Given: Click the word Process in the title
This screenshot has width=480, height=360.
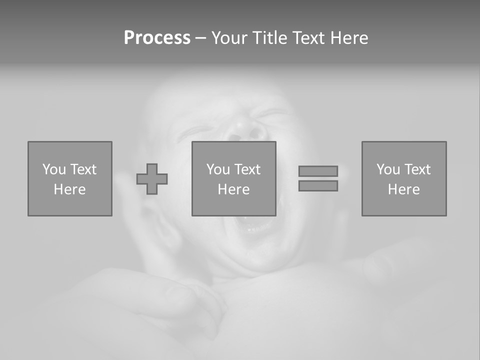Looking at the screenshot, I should tap(157, 38).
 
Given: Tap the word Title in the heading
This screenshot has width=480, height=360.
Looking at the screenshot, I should tap(271, 38).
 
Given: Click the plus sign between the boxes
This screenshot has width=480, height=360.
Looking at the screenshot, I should tap(152, 179).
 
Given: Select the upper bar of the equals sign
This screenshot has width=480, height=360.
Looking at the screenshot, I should tap(318, 171).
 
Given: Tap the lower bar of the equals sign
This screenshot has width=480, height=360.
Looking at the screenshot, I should tap(318, 186).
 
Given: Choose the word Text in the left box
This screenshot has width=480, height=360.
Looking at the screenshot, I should tap(83, 169).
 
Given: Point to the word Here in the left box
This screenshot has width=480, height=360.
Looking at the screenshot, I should tap(69, 189).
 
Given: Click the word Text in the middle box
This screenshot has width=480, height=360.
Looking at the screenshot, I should tap(247, 169).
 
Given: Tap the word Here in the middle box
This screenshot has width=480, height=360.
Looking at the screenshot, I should tap(233, 189).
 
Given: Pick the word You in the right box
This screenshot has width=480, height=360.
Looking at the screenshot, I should tap(387, 169).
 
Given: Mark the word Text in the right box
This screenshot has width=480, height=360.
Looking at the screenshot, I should tap(417, 169).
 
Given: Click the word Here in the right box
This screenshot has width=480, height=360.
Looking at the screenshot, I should tap(403, 189).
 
